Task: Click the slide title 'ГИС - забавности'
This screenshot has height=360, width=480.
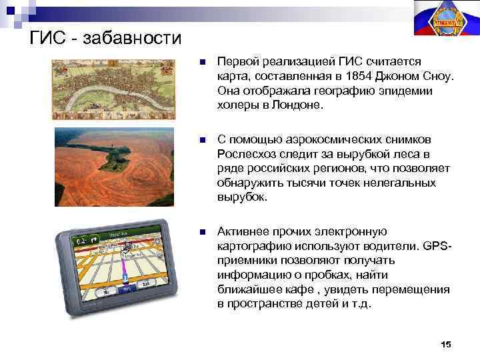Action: tap(105, 37)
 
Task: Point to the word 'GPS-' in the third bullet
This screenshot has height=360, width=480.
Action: tap(438, 246)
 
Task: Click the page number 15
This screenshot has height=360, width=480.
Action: tap(446, 344)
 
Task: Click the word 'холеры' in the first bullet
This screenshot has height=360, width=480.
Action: tap(235, 105)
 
